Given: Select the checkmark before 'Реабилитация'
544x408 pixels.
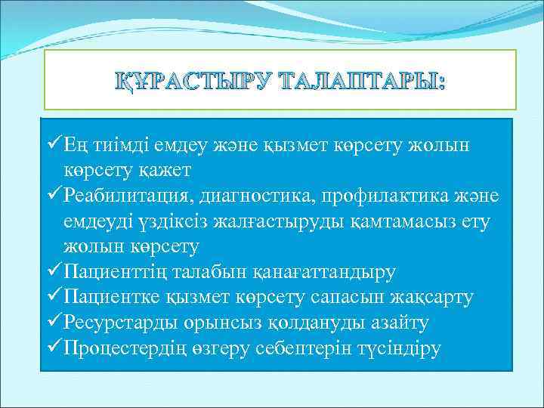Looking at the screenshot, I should (x=54, y=196).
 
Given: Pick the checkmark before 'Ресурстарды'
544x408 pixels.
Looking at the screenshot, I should (x=54, y=323).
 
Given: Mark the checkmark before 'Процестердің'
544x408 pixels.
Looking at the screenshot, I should (x=54, y=349).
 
